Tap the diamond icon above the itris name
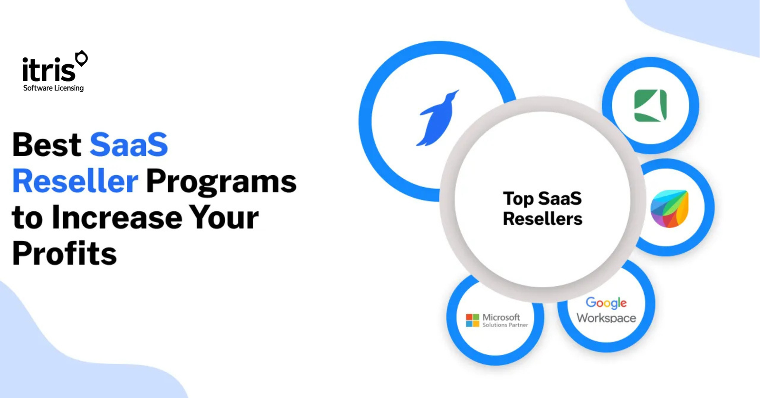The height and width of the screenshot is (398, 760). coord(81,58)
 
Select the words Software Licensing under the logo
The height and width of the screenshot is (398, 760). coord(53,88)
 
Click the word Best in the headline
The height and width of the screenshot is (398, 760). coord(47,144)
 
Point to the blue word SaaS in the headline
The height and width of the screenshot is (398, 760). coord(129,144)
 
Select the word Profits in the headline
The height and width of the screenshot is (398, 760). coord(65,254)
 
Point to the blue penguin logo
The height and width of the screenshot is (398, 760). coord(437,118)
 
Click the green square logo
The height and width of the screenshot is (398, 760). coord(650,105)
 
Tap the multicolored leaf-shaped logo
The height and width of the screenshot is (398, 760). coord(669,208)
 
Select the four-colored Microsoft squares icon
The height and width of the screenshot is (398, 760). coord(472,320)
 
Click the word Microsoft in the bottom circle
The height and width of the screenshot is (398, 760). coord(501,317)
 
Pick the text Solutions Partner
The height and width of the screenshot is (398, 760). coord(505,325)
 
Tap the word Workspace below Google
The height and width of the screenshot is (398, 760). coord(606,318)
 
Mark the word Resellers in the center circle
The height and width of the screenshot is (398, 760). coord(542,218)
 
